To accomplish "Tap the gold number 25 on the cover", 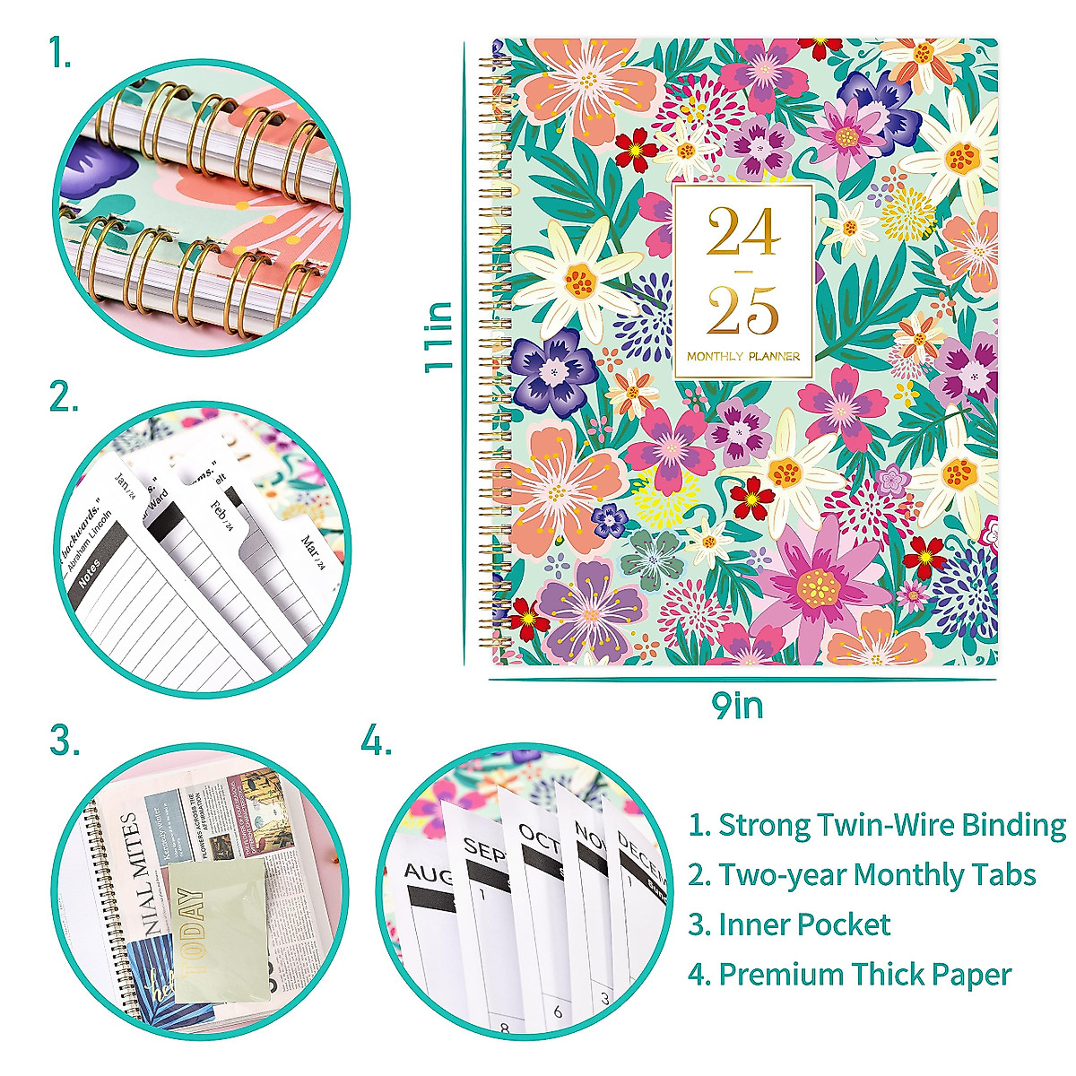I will pos(742,311).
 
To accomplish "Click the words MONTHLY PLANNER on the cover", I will pos(743,356).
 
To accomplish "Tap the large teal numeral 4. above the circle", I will pos(377,742).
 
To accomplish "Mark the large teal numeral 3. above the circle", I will pos(65,742).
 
